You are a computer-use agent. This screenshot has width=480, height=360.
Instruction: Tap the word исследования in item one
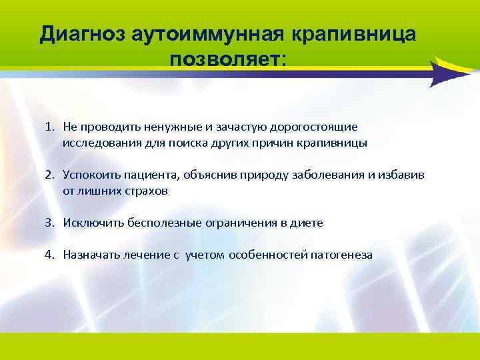click(97, 143)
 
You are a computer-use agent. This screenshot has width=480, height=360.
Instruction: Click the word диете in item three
click(309, 223)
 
